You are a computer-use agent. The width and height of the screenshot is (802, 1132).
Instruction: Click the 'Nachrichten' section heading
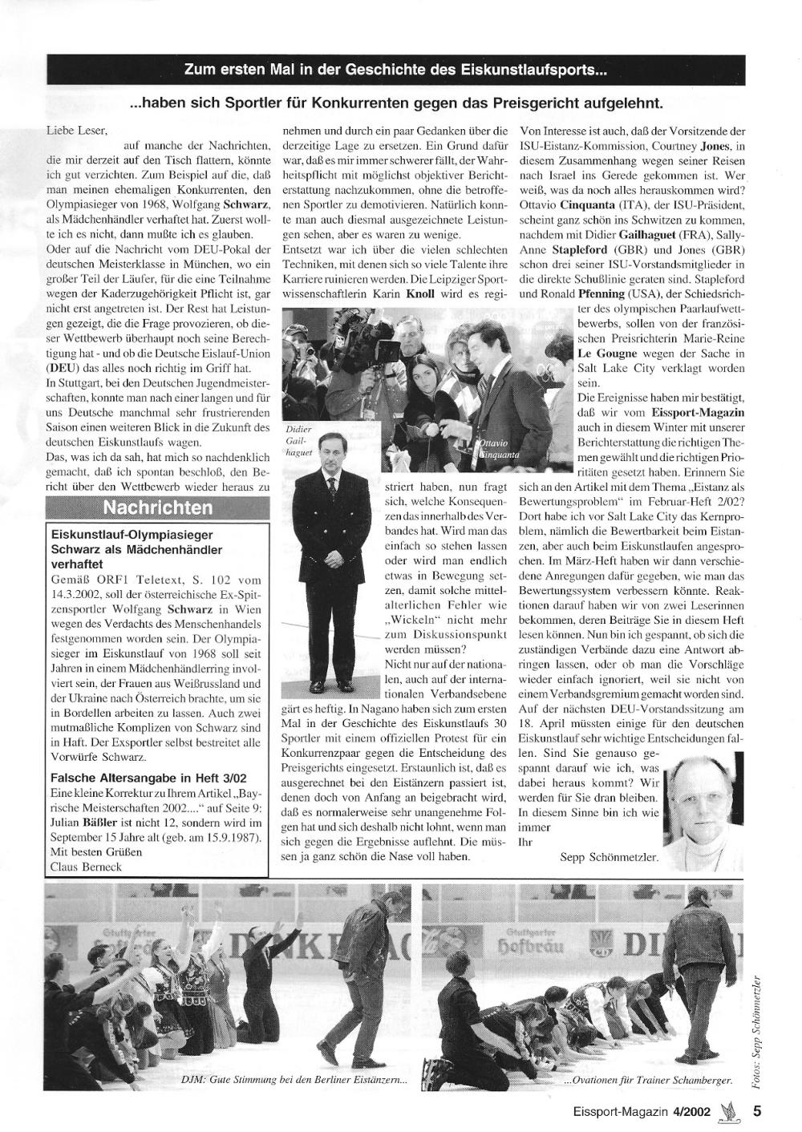(x=158, y=507)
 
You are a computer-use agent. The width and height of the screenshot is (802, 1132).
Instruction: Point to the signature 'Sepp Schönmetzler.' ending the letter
(x=610, y=858)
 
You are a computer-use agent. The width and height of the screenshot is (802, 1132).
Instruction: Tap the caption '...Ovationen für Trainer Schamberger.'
(x=648, y=1080)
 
